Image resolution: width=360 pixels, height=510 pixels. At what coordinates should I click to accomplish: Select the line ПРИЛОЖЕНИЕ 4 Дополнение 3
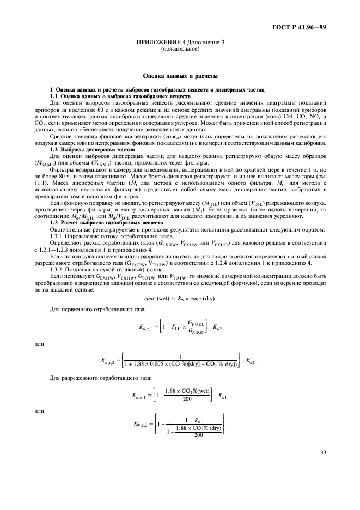[x=180, y=44]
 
